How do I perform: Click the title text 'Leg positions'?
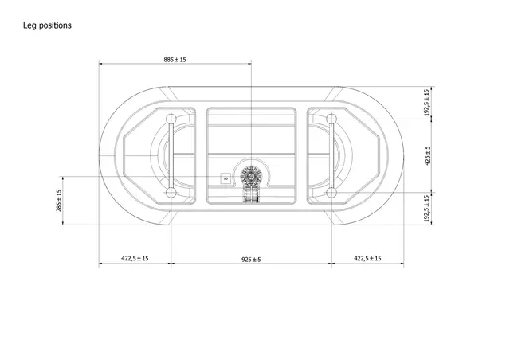[x=49, y=25]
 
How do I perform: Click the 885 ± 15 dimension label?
[x=175, y=59]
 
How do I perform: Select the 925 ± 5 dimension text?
[x=251, y=259]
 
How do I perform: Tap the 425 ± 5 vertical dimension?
[x=427, y=155]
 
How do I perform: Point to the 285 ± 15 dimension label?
[x=60, y=201]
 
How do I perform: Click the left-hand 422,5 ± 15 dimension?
[x=135, y=259]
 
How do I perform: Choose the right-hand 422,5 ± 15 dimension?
[x=367, y=259]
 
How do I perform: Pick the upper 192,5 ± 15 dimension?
[x=427, y=103]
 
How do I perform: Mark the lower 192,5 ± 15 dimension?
[x=427, y=208]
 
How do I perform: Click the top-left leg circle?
[x=170, y=119]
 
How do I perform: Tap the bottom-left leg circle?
[x=170, y=192]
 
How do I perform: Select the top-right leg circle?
[x=331, y=119]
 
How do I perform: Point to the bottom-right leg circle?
[x=331, y=192]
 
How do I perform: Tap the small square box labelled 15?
[x=226, y=178]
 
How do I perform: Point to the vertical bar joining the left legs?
[x=170, y=155]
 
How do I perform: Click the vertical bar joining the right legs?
[x=331, y=155]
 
